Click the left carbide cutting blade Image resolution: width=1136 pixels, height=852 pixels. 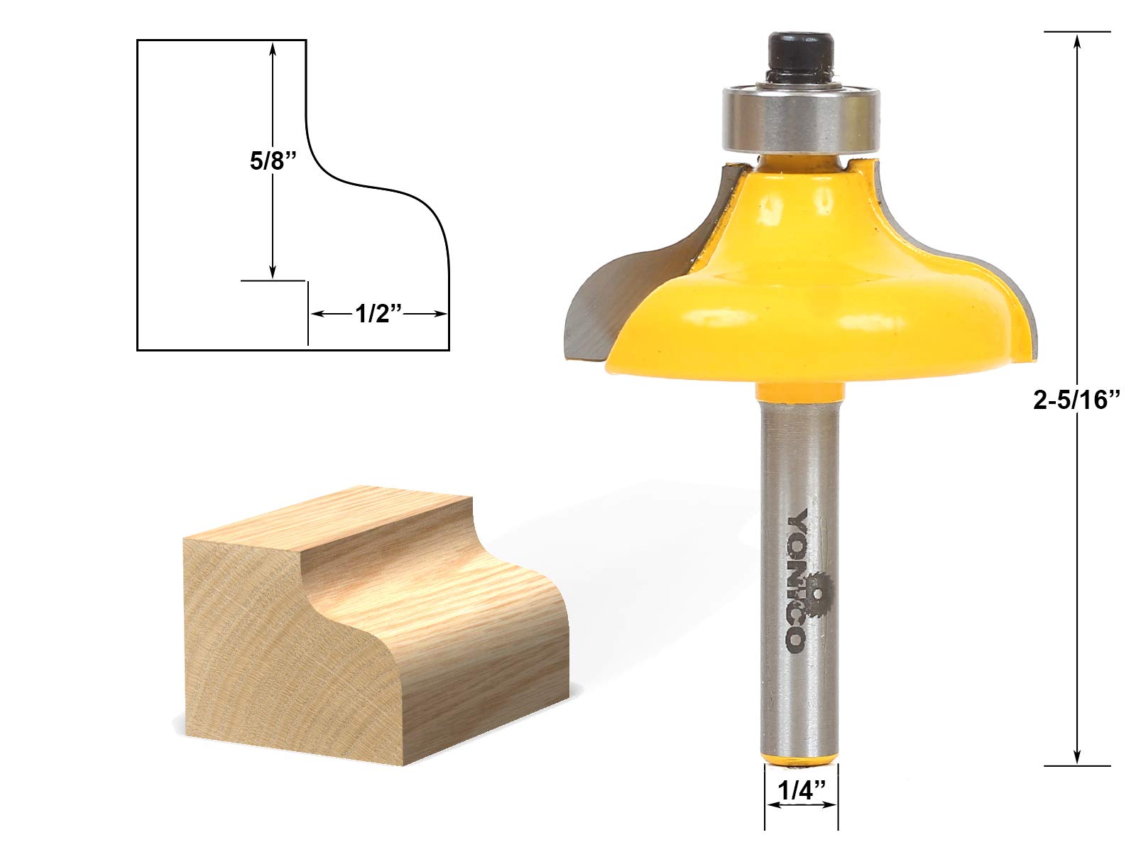[x=589, y=312]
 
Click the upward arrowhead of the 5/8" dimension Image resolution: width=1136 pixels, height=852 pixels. [x=272, y=47]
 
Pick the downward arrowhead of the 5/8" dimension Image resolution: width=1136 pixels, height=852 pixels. [x=272, y=273]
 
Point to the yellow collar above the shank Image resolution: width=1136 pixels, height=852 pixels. [x=801, y=393]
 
